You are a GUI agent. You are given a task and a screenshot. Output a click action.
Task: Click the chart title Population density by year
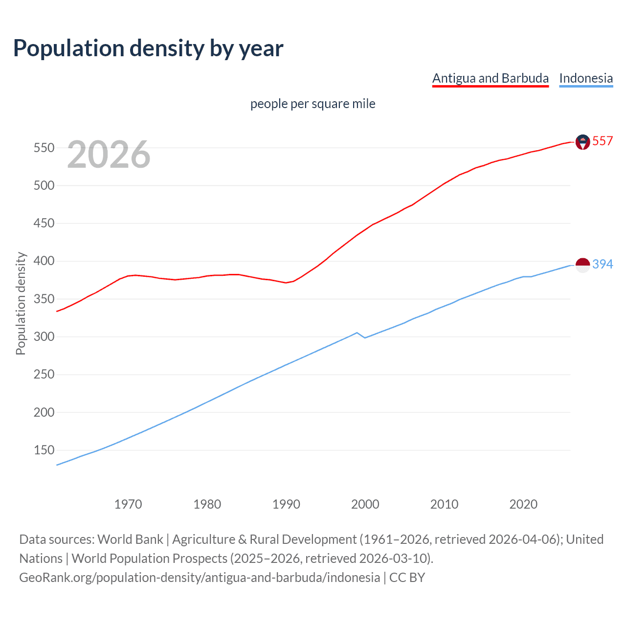(x=148, y=48)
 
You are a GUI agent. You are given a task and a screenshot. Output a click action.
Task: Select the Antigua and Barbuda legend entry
(x=490, y=78)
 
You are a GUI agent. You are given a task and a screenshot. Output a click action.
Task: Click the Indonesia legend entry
(x=585, y=78)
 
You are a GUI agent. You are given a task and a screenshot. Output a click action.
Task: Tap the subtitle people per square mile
(x=313, y=104)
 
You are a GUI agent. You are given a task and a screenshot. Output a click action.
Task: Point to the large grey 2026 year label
(x=109, y=155)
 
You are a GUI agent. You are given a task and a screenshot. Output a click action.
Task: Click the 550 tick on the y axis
(x=44, y=148)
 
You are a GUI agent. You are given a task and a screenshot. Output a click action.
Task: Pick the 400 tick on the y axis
(x=44, y=261)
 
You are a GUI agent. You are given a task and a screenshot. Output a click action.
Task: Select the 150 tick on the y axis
(x=44, y=450)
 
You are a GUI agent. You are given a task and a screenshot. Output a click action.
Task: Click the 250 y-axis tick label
(x=44, y=375)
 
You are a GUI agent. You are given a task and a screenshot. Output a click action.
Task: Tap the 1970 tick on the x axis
(x=128, y=504)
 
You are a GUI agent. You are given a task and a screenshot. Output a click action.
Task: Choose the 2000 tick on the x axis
(x=365, y=504)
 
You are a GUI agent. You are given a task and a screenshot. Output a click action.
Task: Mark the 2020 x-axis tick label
(x=523, y=504)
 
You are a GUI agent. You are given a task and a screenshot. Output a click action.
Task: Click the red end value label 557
(x=603, y=141)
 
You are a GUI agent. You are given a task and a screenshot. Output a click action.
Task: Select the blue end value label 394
(x=603, y=265)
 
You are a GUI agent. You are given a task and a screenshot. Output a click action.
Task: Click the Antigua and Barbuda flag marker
(x=582, y=142)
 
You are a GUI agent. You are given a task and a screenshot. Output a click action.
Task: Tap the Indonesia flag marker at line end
(x=582, y=265)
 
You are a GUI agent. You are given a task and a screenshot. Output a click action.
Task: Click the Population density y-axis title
(x=21, y=303)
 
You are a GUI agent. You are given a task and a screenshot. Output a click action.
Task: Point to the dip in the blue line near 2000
(x=364, y=337)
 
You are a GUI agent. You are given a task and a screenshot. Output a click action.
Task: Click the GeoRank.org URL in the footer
(x=200, y=578)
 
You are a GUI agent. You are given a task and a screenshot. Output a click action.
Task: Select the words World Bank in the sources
(x=130, y=539)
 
